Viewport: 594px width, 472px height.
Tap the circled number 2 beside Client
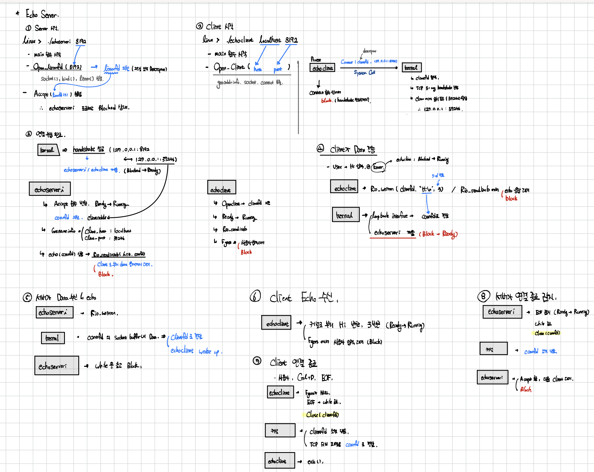click(x=199, y=26)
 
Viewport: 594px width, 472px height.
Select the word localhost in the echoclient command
click(x=270, y=40)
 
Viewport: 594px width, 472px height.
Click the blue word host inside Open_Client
click(x=258, y=69)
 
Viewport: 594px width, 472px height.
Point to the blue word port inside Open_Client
click(x=278, y=69)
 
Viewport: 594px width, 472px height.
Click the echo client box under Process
click(x=322, y=68)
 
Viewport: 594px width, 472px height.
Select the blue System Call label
click(x=364, y=73)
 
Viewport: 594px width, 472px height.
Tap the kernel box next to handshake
click(x=47, y=150)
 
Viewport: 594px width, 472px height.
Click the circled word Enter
click(x=378, y=167)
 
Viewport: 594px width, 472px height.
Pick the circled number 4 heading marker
click(x=320, y=148)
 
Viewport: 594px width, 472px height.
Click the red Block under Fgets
click(x=246, y=252)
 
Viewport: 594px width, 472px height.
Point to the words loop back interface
click(x=390, y=216)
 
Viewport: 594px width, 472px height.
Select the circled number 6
click(x=255, y=297)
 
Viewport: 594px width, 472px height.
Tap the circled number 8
click(x=484, y=296)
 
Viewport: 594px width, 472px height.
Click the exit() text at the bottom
click(x=315, y=462)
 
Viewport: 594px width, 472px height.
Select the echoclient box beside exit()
click(x=279, y=460)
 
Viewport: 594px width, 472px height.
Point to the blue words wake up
click(x=209, y=351)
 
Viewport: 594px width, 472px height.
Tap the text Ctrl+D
click(x=306, y=378)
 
